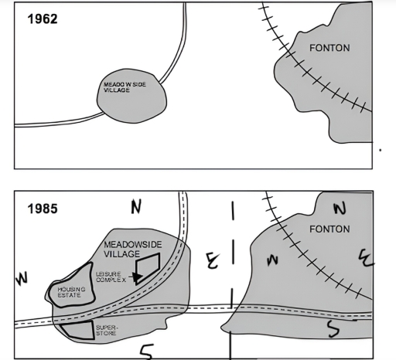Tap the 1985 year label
41,209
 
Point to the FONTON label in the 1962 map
329,48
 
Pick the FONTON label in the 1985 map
329,229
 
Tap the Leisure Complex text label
108,277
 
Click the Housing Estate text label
70,292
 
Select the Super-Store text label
106,330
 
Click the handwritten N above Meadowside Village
137,206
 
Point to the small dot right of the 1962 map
379,151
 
